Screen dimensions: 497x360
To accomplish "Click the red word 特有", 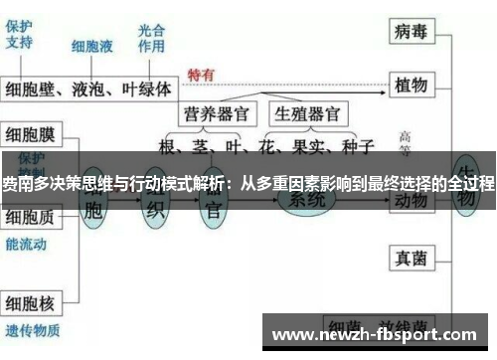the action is pyautogui.click(x=201, y=76).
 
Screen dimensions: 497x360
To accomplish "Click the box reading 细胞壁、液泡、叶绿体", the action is pyautogui.click(x=89, y=90).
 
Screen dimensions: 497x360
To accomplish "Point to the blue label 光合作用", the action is pyautogui.click(x=152, y=38).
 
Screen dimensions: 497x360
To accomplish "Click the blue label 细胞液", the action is pyautogui.click(x=92, y=46).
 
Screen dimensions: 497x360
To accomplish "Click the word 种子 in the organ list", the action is pyautogui.click(x=355, y=147).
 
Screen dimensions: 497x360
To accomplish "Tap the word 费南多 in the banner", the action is pyautogui.click(x=22, y=184).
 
